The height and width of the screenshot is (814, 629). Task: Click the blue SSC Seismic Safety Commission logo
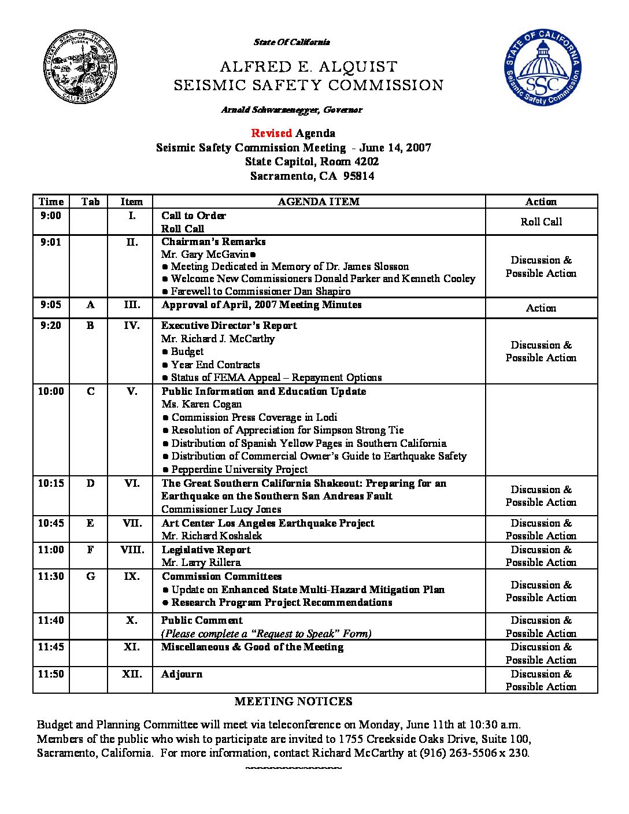pos(542,68)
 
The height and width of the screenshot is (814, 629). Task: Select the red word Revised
pos(272,134)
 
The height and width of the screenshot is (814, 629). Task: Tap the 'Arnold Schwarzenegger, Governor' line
pos(291,110)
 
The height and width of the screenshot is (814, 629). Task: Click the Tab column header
pos(90,202)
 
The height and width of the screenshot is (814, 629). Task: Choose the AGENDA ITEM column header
pos(319,202)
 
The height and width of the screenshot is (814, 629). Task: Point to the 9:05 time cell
pos(51,305)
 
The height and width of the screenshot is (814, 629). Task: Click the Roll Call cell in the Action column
pos(541,222)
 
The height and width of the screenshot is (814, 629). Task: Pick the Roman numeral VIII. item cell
pos(132,550)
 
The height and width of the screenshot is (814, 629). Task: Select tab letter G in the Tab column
pos(90,576)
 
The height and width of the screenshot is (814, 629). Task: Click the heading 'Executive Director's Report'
pos(229,325)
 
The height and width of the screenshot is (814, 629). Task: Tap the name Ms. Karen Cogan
pos(201,404)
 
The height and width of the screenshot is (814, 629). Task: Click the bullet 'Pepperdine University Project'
pos(239,469)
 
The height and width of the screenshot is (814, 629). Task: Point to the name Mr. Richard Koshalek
pos(212,536)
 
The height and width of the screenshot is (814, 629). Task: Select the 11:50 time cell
pos(51,674)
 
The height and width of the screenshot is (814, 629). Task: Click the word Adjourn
pos(182,674)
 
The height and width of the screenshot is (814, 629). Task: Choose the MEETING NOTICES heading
pos(293,702)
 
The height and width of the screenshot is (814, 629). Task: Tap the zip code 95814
pos(358,176)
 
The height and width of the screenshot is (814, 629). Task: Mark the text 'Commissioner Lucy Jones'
pos(221,509)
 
